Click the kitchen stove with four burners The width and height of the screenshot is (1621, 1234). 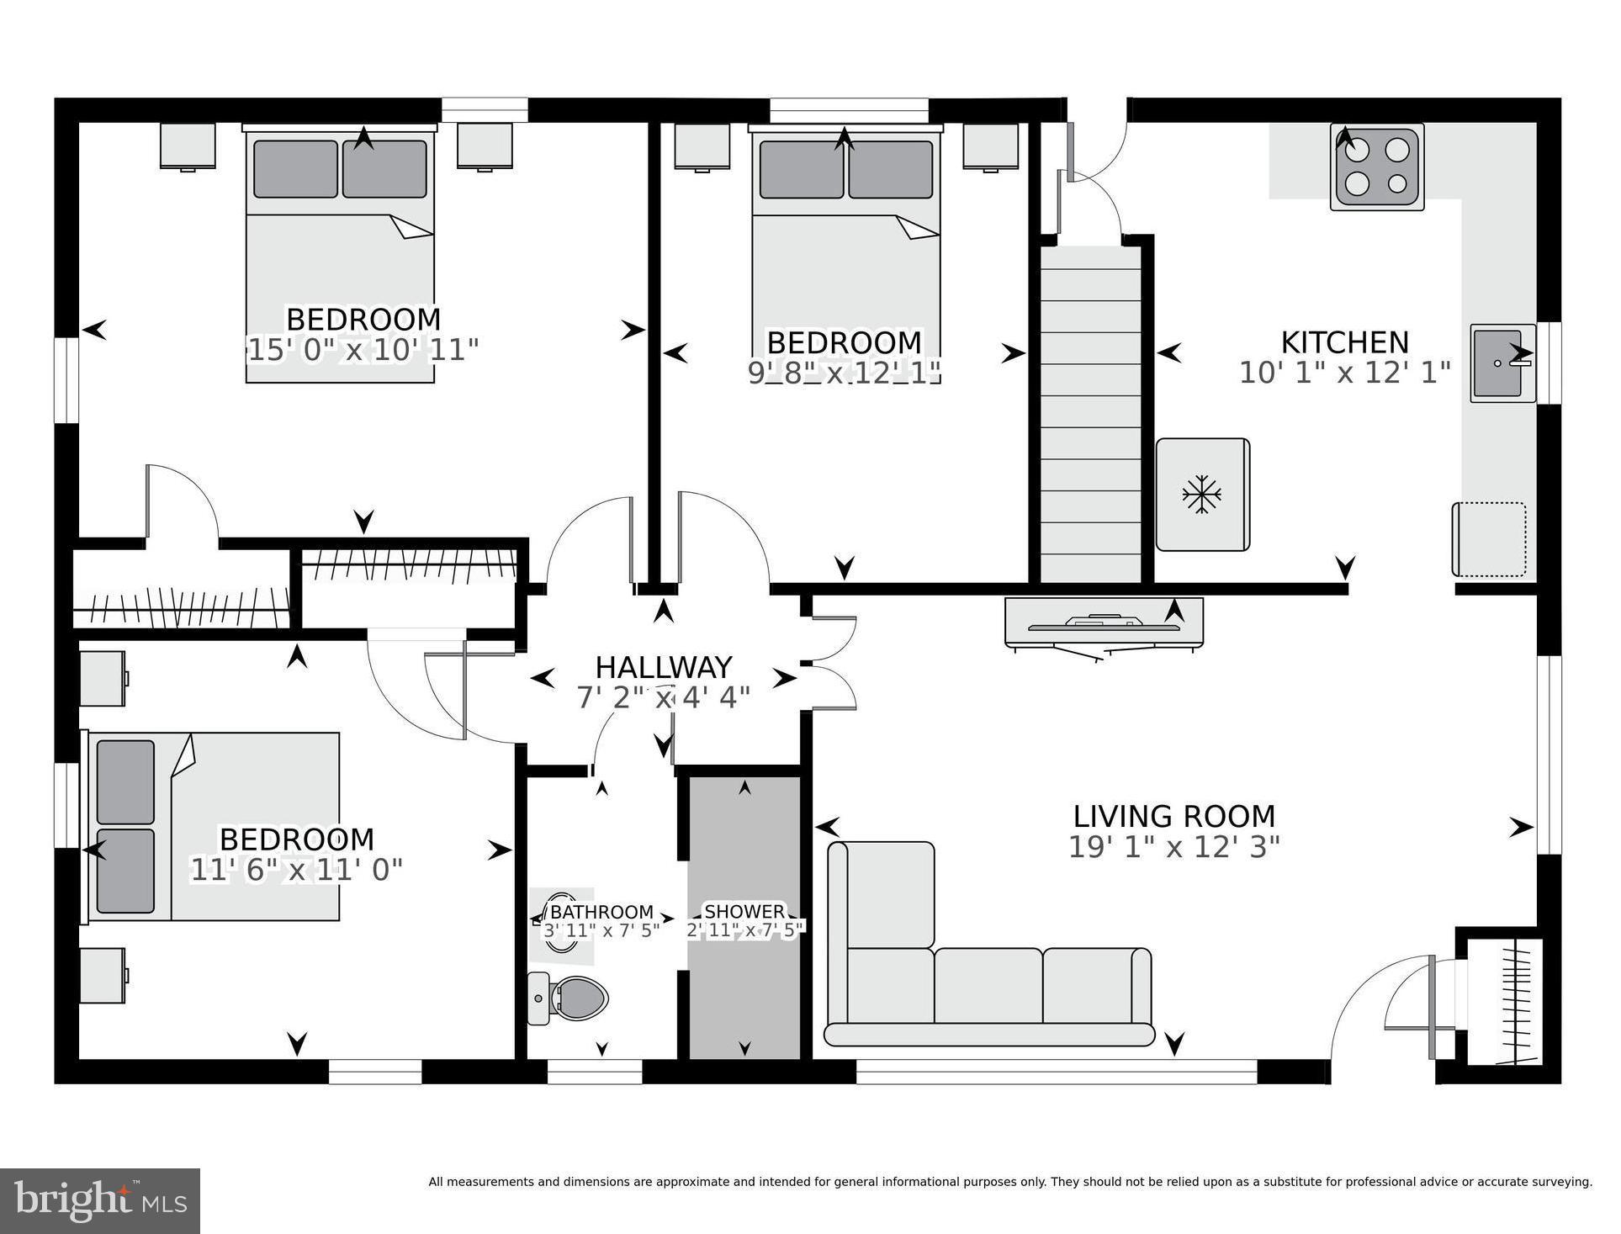click(1376, 167)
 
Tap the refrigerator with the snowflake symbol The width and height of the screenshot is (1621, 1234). click(1202, 495)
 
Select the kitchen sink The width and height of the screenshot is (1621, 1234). click(1498, 363)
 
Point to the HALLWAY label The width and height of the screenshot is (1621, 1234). click(663, 668)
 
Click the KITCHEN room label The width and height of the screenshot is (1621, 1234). click(1344, 343)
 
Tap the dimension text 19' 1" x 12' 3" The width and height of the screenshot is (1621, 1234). click(1173, 847)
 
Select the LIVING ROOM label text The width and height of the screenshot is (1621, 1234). click(1173, 817)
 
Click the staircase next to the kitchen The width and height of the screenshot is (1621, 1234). click(1091, 412)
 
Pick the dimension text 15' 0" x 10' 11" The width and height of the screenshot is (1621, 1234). click(363, 350)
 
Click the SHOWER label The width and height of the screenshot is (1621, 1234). click(744, 912)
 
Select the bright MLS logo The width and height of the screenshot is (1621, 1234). click(100, 1200)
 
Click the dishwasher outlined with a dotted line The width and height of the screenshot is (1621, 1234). click(1490, 539)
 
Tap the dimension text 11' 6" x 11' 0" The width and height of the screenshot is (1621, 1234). click(296, 870)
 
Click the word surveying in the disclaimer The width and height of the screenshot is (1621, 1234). click(1559, 1182)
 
